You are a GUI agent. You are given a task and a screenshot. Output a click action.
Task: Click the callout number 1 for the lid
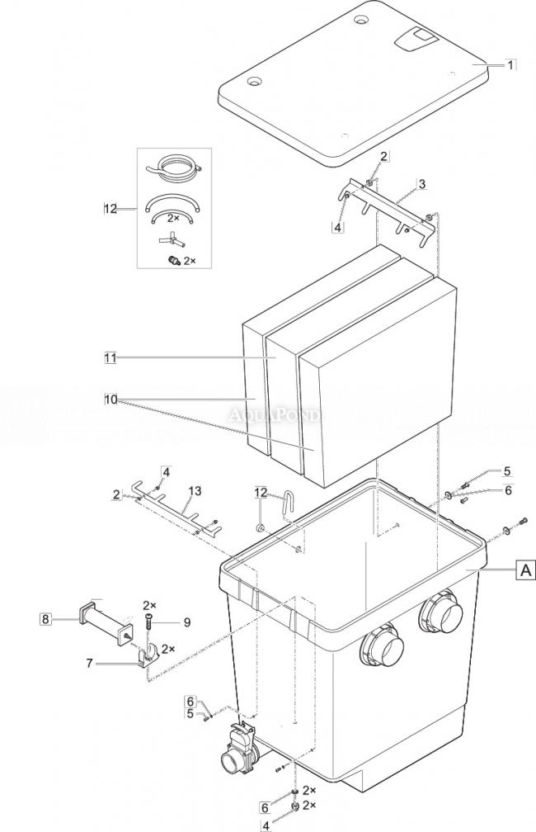[x=510, y=64]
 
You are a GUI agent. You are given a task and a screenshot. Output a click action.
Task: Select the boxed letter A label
[x=524, y=570]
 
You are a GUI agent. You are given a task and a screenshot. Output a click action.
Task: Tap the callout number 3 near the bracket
[x=421, y=184]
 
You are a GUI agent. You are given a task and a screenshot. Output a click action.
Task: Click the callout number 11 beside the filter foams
[x=110, y=357]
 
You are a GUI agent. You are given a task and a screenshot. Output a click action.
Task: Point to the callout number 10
[x=110, y=399]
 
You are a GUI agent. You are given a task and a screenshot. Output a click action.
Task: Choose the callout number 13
[x=194, y=490]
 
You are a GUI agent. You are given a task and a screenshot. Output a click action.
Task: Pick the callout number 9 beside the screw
[x=186, y=622]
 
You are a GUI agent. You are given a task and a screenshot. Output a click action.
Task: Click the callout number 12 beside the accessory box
[x=111, y=209]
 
